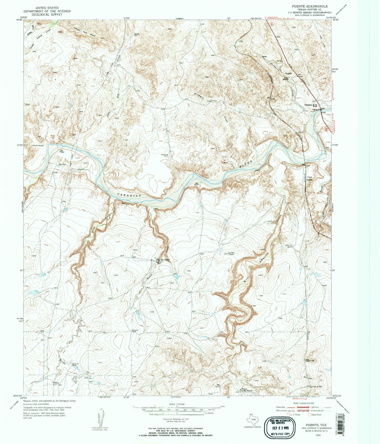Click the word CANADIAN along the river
pos(128,196)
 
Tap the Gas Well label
pos(227,253)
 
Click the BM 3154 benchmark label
pos(126,204)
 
